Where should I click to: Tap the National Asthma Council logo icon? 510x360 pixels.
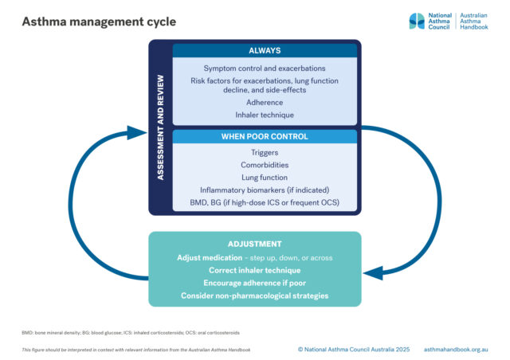click(417, 21)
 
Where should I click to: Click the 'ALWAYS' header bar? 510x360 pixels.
click(265, 51)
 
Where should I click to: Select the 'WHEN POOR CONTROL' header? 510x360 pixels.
click(265, 136)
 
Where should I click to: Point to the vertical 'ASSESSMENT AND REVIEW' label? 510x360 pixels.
click(160, 128)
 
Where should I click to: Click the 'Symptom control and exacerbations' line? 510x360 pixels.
click(265, 68)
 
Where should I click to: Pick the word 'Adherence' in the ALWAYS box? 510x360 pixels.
click(265, 103)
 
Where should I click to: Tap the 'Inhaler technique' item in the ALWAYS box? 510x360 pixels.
click(265, 115)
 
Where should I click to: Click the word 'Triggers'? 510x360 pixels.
click(265, 152)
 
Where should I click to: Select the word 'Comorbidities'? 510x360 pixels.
click(265, 165)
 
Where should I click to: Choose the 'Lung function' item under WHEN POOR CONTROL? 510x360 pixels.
click(265, 178)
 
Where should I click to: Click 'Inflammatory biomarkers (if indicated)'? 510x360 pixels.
click(265, 190)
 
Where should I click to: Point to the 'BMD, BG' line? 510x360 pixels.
click(265, 202)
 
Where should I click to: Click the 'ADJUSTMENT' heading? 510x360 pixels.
click(254, 245)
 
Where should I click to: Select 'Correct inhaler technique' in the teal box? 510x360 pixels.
click(254, 271)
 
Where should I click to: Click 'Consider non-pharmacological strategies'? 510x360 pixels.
click(254, 296)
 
